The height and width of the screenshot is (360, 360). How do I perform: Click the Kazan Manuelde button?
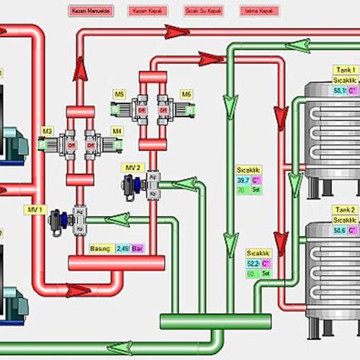pyautogui.click(x=87, y=12)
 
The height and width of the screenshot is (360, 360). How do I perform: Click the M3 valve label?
pyautogui.click(x=47, y=130)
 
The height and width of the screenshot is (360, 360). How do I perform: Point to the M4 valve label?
pyautogui.click(x=117, y=130)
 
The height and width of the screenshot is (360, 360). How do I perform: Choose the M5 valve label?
pyautogui.click(x=119, y=94)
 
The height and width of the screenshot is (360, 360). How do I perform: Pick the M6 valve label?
pyautogui.click(x=186, y=94)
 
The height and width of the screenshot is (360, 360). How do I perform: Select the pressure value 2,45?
pyautogui.click(x=122, y=248)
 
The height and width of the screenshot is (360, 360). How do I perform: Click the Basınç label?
pyautogui.click(x=100, y=248)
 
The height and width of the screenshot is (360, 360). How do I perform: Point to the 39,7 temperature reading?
pyautogui.click(x=243, y=180)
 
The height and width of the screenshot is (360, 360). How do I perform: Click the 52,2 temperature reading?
pyautogui.click(x=253, y=264)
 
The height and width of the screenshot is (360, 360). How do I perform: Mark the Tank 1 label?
pyautogui.click(x=343, y=70)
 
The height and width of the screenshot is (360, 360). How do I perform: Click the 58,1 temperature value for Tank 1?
pyautogui.click(x=339, y=91)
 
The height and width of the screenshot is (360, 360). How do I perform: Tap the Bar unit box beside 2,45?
pyautogui.click(x=138, y=248)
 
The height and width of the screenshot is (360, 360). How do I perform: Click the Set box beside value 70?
pyautogui.click(x=256, y=190)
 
